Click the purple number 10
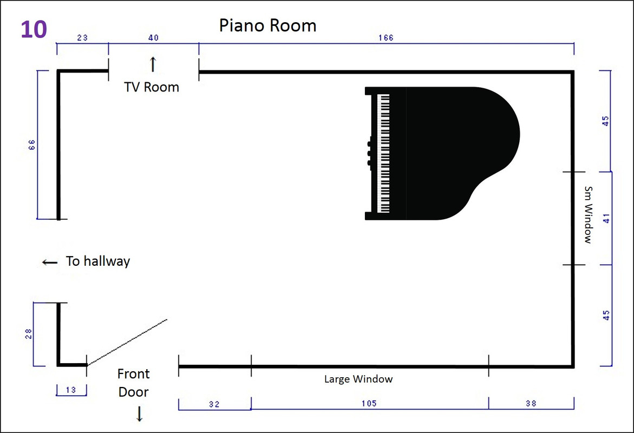click(34, 30)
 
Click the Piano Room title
click(267, 25)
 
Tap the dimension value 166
click(385, 37)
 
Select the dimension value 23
click(82, 37)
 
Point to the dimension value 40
click(153, 37)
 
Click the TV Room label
click(152, 87)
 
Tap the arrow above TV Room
click(153, 64)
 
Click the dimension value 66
click(32, 145)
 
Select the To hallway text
click(98, 261)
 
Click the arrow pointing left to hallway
click(50, 263)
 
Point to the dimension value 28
click(28, 333)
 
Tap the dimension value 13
click(71, 390)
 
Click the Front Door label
click(133, 383)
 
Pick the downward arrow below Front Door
click(140, 414)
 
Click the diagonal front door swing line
click(127, 342)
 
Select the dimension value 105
click(369, 403)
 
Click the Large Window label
click(358, 379)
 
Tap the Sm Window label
click(589, 215)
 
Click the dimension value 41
click(606, 219)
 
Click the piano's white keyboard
click(383, 153)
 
